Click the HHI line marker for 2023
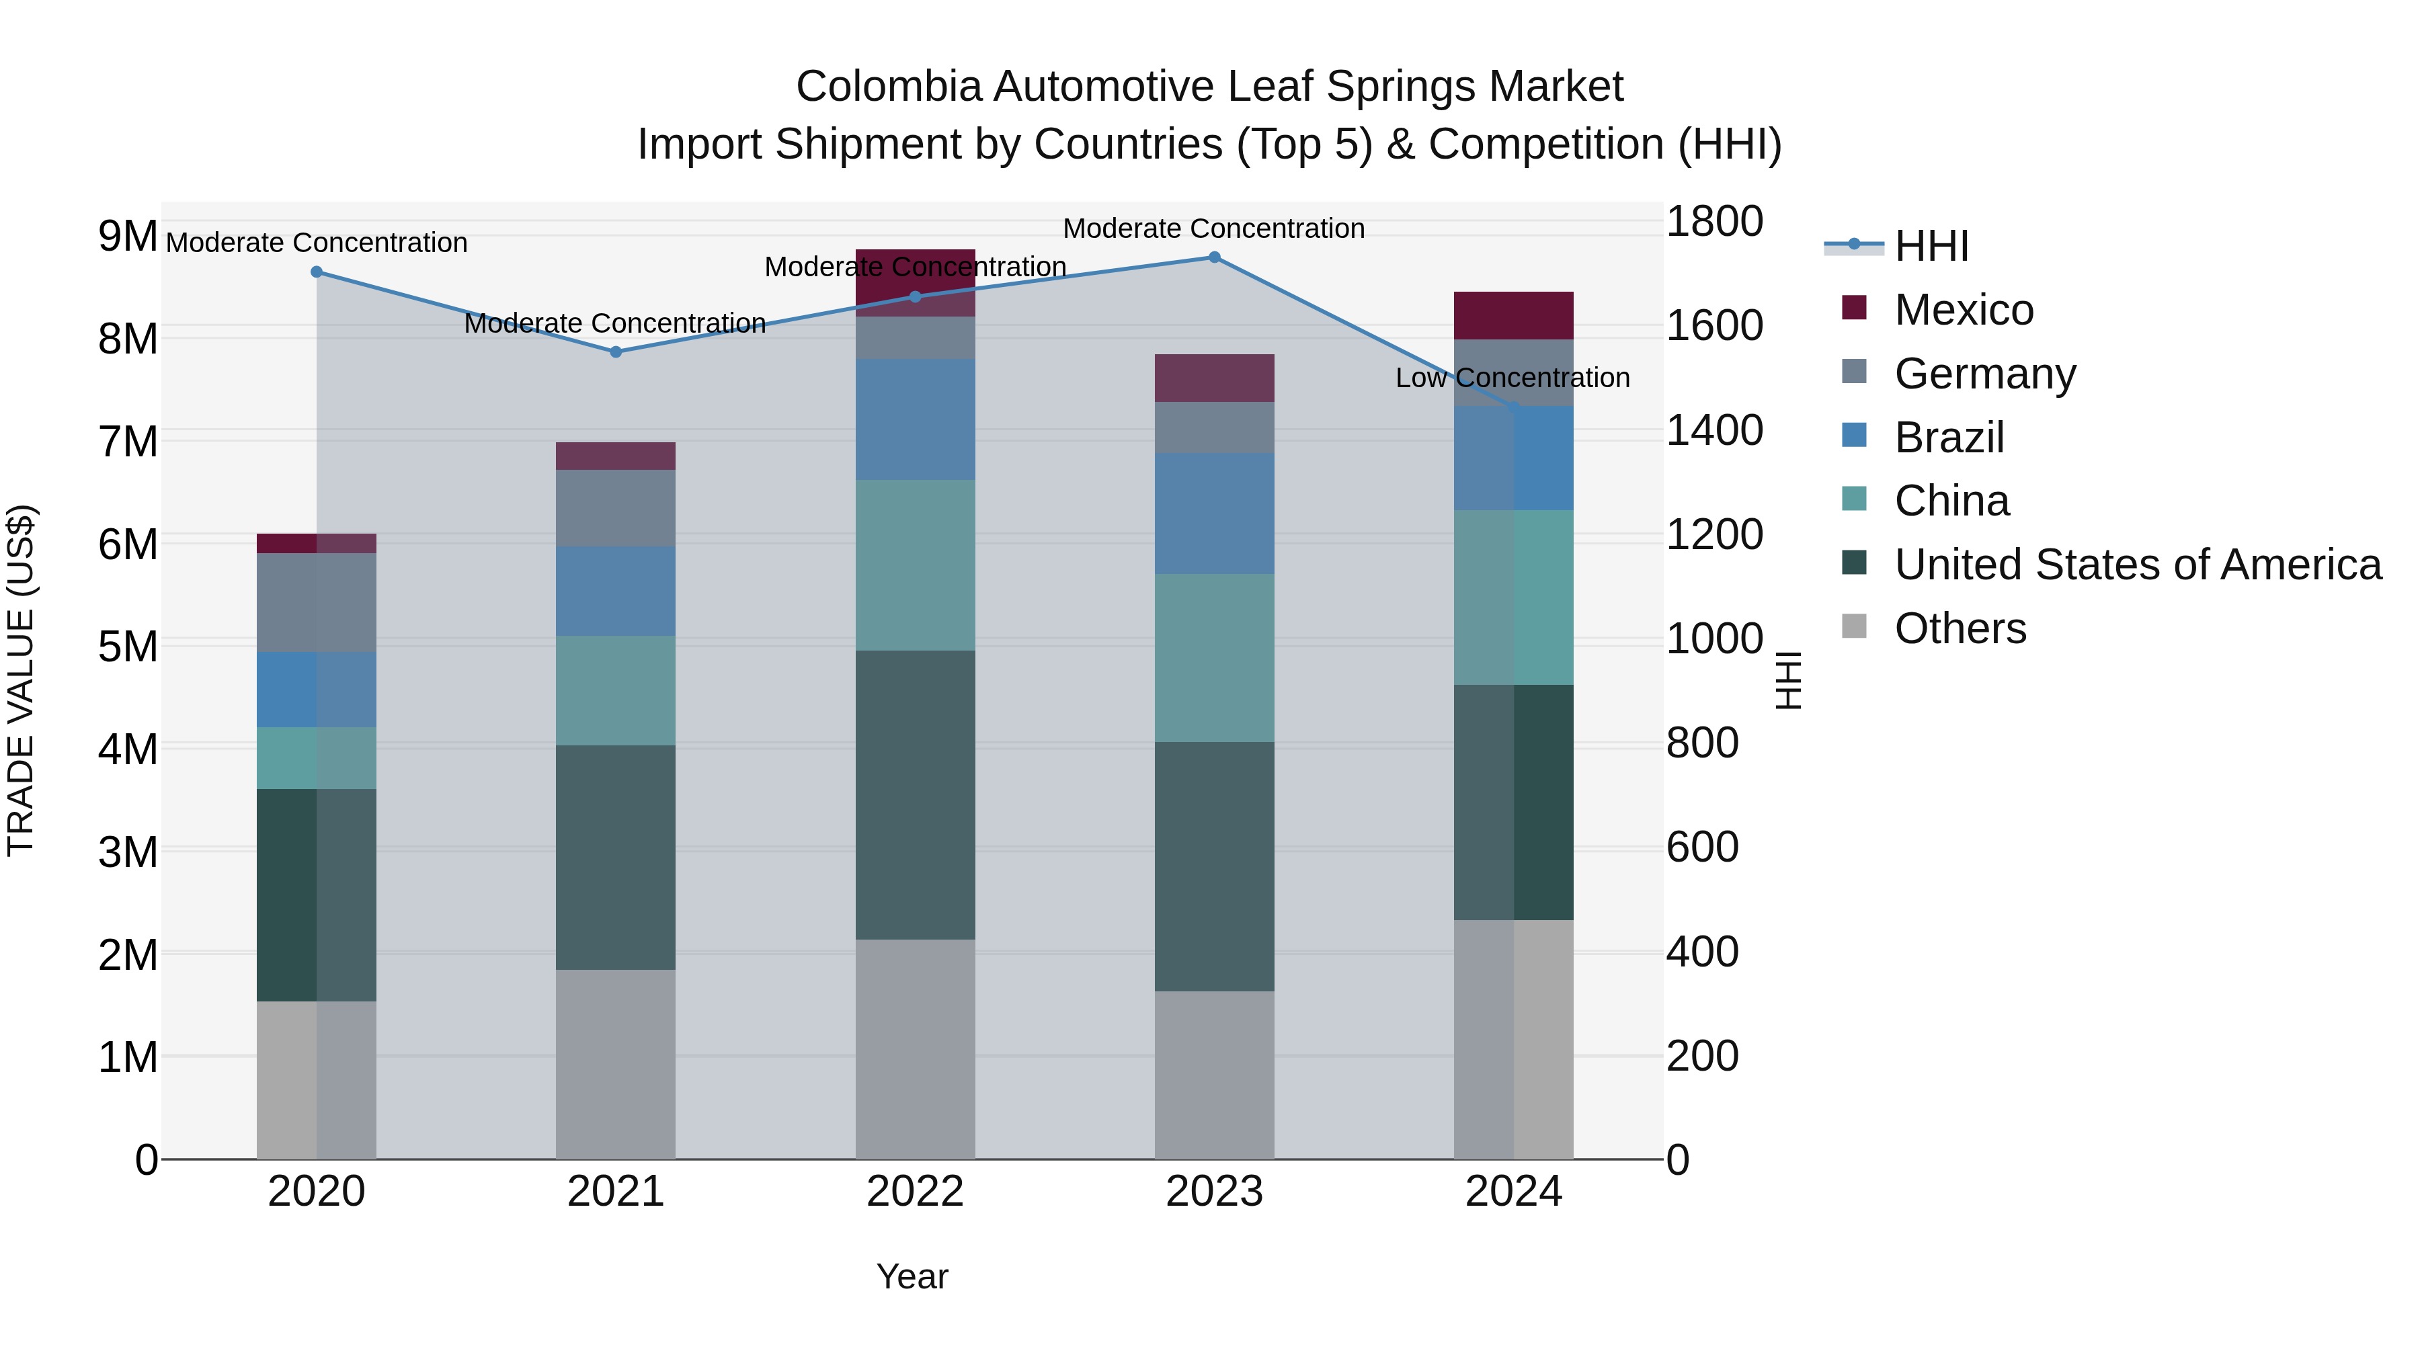point(1214,257)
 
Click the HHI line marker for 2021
point(615,352)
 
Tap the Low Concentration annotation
point(1512,378)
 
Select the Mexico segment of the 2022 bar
point(915,282)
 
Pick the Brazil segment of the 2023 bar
point(1214,513)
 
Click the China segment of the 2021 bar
point(615,690)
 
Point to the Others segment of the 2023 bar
point(1214,1075)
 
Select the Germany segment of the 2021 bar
point(615,508)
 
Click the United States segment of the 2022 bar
point(915,794)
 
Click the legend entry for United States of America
point(2137,565)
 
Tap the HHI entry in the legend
point(1931,246)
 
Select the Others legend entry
point(1960,629)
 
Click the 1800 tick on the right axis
point(1713,222)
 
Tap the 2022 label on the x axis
point(915,1192)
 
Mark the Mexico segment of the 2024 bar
point(1513,316)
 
